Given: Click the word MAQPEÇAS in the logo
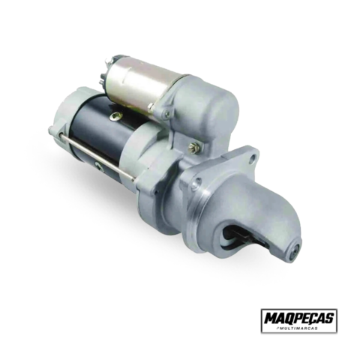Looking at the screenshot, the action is click(299, 318).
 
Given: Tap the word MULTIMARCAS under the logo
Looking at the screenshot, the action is click(300, 328).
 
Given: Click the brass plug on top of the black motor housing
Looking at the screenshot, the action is click(116, 115).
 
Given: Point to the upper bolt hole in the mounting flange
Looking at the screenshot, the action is click(253, 157).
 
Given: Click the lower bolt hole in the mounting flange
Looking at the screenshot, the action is click(199, 181).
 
